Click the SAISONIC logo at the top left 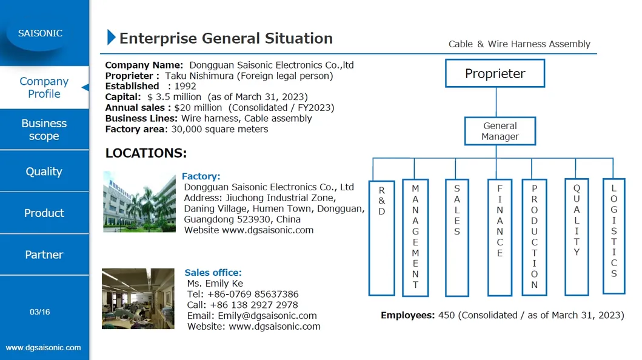click(40, 33)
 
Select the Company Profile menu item click(44, 87)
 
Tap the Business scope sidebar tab click(44, 129)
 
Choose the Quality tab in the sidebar click(44, 172)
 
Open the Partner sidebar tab click(44, 255)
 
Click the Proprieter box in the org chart click(495, 73)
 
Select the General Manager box click(500, 131)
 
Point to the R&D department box click(381, 238)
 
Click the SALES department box click(457, 238)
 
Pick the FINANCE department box click(500, 238)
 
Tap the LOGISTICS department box click(614, 236)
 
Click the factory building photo click(139, 202)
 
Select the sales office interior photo click(138, 299)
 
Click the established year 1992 click(185, 86)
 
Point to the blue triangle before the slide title click(111, 37)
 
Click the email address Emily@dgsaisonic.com click(267, 316)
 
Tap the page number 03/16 click(40, 312)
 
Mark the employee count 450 click(446, 315)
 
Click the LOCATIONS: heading click(146, 153)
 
